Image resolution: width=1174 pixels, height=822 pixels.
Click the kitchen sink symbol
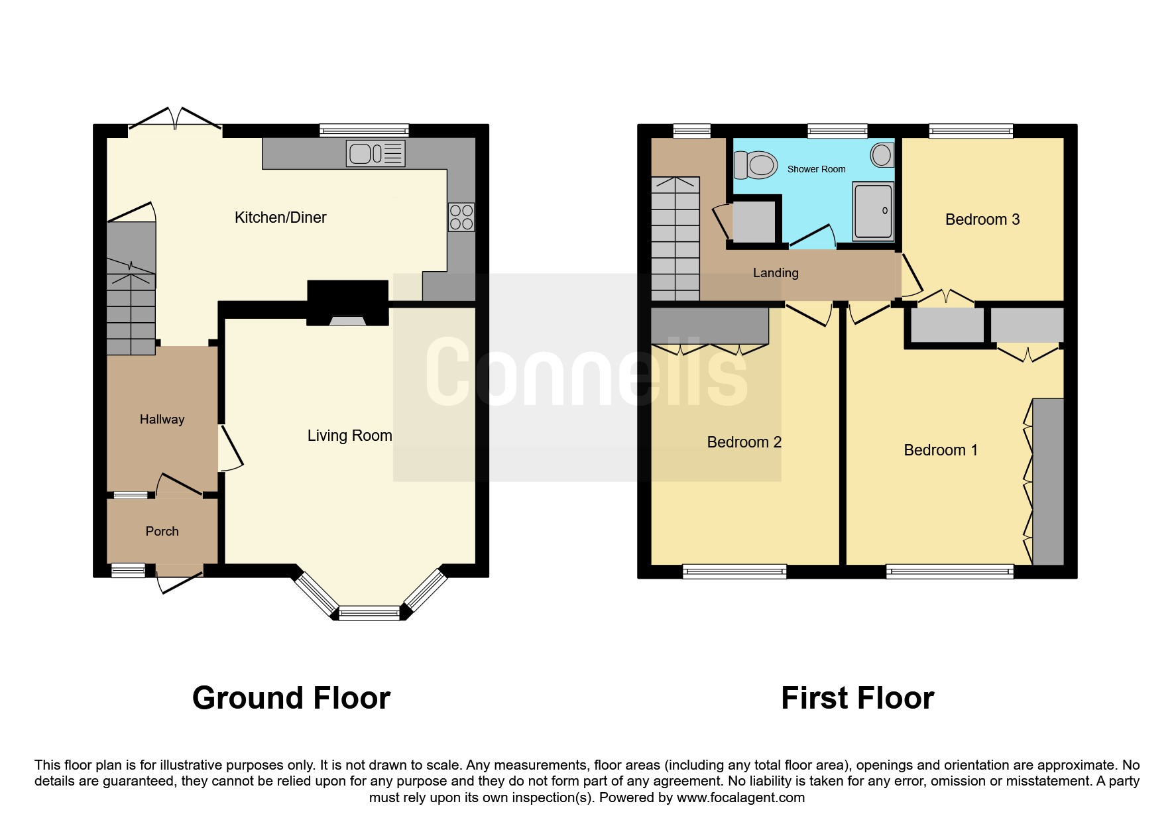pos(375,154)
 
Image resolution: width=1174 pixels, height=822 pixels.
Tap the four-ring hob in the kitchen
pos(461,217)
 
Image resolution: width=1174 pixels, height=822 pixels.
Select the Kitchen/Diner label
pos(280,217)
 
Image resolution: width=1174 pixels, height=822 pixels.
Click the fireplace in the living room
pos(347,304)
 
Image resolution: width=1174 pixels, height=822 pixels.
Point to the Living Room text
pos(349,436)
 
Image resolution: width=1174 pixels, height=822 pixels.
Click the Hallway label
pos(162,419)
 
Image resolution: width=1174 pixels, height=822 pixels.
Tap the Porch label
pos(162,531)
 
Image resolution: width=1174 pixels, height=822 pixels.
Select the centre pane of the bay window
pos(369,614)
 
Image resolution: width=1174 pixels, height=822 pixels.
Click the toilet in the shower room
pos(756,164)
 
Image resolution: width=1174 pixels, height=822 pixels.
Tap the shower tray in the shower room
pos(873,211)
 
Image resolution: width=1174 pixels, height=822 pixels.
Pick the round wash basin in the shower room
pos(882,155)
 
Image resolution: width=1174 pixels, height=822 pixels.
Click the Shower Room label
pos(816,169)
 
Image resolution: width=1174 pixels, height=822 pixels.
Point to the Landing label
pos(775,272)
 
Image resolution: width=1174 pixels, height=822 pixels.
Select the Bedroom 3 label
pos(982,219)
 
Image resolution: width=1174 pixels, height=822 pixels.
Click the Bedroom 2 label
pos(744,442)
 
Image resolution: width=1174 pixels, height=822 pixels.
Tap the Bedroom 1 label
pos(940,450)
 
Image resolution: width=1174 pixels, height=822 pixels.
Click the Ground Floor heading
pos(291,698)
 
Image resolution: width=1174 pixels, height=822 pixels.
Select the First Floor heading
pos(857,698)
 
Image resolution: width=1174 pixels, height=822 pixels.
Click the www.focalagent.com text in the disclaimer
pos(740,797)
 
